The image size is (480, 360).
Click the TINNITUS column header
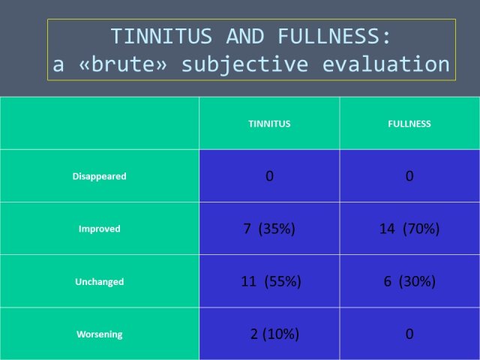(269, 124)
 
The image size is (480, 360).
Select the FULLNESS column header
(409, 124)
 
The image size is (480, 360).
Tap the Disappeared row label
(100, 176)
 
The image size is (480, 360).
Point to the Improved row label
(100, 229)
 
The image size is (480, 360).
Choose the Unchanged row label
(100, 282)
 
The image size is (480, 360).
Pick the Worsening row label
(100, 334)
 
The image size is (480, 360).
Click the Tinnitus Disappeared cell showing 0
(269, 176)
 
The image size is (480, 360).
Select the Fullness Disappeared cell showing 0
(409, 176)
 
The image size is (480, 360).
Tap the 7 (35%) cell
(269, 229)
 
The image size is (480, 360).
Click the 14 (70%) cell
(409, 229)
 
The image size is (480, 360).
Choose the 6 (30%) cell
(409, 281)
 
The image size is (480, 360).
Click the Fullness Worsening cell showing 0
(409, 334)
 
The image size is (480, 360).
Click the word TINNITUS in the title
(161, 36)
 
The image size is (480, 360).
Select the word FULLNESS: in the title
(334, 36)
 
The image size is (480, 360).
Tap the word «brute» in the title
(123, 64)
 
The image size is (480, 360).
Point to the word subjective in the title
(245, 65)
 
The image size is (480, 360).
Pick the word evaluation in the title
(386, 64)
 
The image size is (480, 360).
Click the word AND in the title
(245, 36)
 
